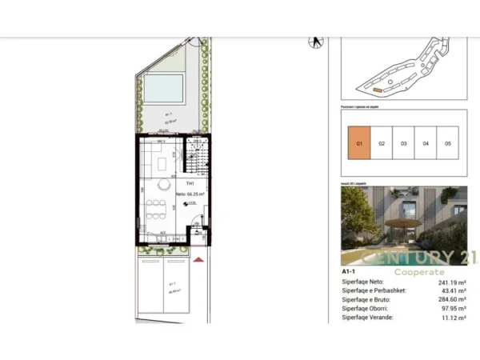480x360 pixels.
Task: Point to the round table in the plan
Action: [165, 185]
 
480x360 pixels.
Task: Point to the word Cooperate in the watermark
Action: [414, 272]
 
